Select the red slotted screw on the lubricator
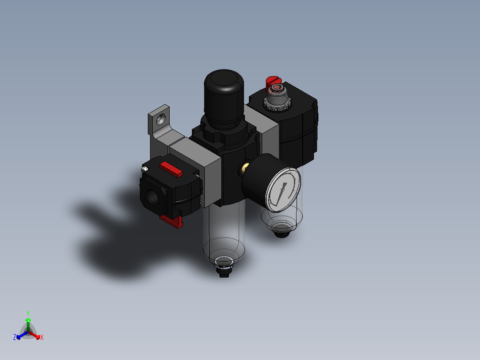click(x=273, y=82)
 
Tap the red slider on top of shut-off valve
click(x=171, y=169)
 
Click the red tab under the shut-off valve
click(x=172, y=221)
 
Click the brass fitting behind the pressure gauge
click(x=244, y=168)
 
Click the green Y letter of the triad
click(x=28, y=313)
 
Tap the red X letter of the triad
click(x=42, y=338)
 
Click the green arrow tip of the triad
click(x=28, y=320)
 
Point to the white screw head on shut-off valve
click(x=144, y=169)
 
